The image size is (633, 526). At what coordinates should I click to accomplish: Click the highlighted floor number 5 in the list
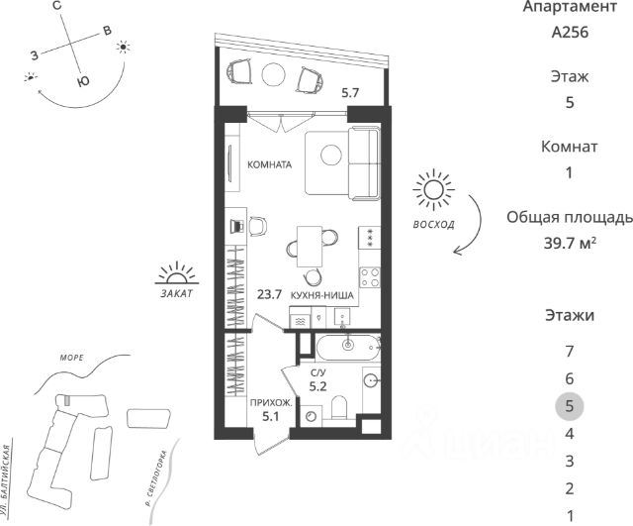point(569,406)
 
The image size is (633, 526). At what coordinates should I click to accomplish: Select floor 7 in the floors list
point(569,351)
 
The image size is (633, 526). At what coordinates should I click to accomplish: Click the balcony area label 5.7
point(350,93)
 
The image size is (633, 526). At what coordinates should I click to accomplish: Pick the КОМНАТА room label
point(269,165)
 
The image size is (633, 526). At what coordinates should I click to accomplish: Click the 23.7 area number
point(269,294)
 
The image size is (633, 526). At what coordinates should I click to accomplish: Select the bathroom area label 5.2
point(318,387)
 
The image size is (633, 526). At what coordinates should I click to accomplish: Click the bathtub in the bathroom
point(346,346)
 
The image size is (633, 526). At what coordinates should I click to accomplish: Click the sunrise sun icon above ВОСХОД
point(432,190)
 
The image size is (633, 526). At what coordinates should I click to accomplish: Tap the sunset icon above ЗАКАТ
point(177,271)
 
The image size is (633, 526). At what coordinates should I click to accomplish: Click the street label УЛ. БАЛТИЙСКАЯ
point(9,479)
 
